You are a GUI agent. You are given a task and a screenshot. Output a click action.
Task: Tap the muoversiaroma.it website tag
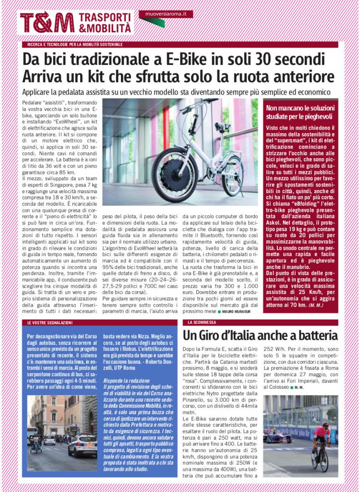click(x=166, y=14)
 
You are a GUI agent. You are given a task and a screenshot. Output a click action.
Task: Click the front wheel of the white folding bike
click(x=175, y=175)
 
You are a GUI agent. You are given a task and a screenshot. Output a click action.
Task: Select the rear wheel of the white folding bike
click(x=233, y=175)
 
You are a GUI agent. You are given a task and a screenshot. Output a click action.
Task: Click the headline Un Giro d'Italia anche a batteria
click(x=260, y=336)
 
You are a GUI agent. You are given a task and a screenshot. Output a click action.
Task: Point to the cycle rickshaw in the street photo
click(x=36, y=443)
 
